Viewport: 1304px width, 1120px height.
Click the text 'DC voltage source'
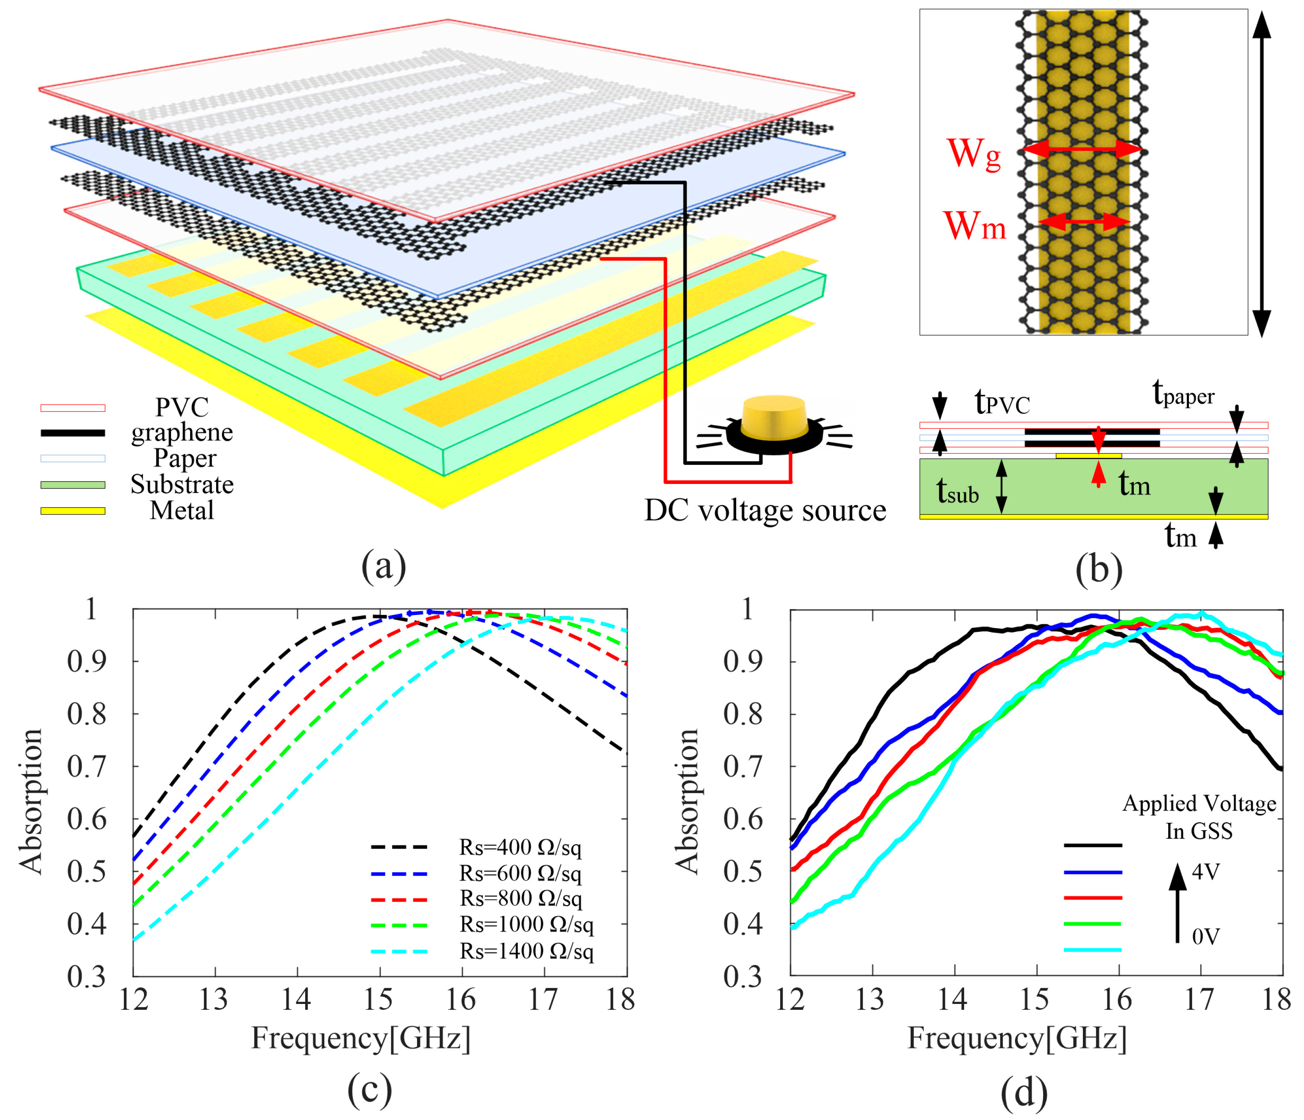[x=765, y=510]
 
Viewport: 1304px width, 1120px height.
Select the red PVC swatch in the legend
[x=72, y=408]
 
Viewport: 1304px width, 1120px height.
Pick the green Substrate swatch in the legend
[x=72, y=485]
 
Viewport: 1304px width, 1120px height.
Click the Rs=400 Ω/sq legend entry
[x=520, y=847]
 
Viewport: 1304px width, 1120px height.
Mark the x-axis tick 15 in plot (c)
[x=378, y=1000]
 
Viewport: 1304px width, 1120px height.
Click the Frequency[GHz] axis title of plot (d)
[x=1016, y=1038]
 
